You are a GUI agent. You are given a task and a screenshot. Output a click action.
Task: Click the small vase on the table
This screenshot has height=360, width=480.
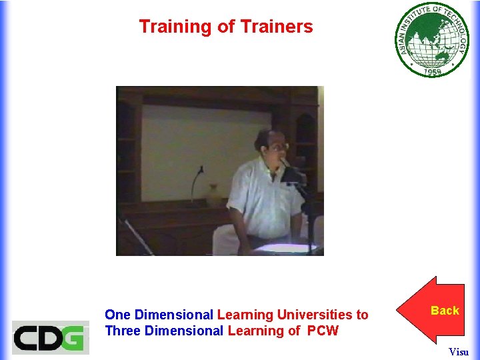(213, 195)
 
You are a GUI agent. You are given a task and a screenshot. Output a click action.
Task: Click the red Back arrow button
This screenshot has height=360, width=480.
(437, 310)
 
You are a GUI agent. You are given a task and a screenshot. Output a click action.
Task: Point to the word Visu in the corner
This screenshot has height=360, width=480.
(459, 351)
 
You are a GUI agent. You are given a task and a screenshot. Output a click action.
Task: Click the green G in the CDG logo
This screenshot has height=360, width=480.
(75, 337)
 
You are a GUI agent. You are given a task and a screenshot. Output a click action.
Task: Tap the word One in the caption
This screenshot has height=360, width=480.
(118, 314)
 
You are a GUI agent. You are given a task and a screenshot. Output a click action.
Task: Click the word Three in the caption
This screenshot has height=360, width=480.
(122, 331)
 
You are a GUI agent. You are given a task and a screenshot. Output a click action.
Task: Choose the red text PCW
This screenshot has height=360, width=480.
(323, 331)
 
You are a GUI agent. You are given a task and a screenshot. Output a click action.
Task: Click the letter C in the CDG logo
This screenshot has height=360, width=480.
(26, 337)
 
